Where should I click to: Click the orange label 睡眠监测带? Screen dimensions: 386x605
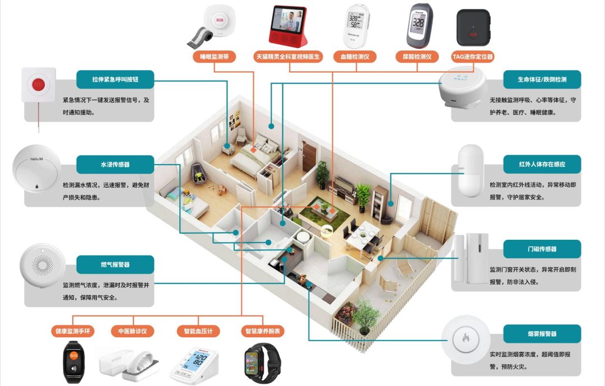(x=214, y=57)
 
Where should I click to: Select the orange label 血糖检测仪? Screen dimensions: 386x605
(x=355, y=57)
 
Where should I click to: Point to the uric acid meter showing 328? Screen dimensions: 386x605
(x=418, y=26)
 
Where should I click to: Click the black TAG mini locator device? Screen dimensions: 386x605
(x=473, y=28)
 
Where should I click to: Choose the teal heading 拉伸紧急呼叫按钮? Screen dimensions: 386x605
(x=115, y=80)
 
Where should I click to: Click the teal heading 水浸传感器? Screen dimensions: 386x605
(x=115, y=165)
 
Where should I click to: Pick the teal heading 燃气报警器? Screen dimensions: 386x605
(x=115, y=264)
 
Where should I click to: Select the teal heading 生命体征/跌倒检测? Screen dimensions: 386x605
(x=542, y=80)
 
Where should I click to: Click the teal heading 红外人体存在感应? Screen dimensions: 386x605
(x=542, y=165)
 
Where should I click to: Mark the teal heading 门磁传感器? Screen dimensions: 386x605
(x=542, y=249)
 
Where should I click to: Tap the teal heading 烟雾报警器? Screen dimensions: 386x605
(x=542, y=334)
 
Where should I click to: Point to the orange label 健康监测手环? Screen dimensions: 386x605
(x=73, y=332)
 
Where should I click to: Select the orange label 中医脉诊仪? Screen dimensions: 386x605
(x=132, y=332)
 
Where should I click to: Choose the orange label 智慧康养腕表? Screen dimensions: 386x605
(x=263, y=332)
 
